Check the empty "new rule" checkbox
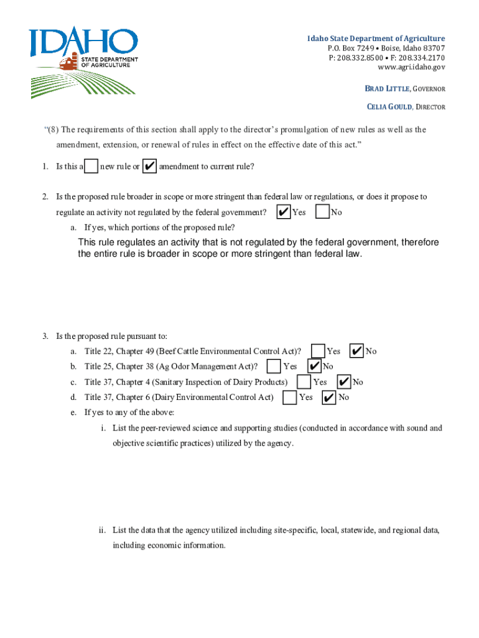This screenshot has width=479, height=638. pos(91,166)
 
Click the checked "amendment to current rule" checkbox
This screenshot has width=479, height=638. pos(149,166)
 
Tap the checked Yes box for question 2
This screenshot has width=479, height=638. pos(283,212)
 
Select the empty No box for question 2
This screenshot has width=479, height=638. pos(322,212)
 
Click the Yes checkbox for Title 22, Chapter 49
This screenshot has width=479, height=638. pos(318,351)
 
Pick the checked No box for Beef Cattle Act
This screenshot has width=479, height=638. pos(357,351)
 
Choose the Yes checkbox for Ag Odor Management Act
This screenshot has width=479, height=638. pos(274,366)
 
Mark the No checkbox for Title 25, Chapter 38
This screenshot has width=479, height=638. pos(314,366)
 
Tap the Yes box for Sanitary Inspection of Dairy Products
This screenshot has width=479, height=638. pos(304,381)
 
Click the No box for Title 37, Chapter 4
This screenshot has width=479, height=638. pos(344,381)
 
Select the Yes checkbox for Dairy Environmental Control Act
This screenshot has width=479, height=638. pos(290,397)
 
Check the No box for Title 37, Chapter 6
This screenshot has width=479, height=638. pos(329,397)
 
